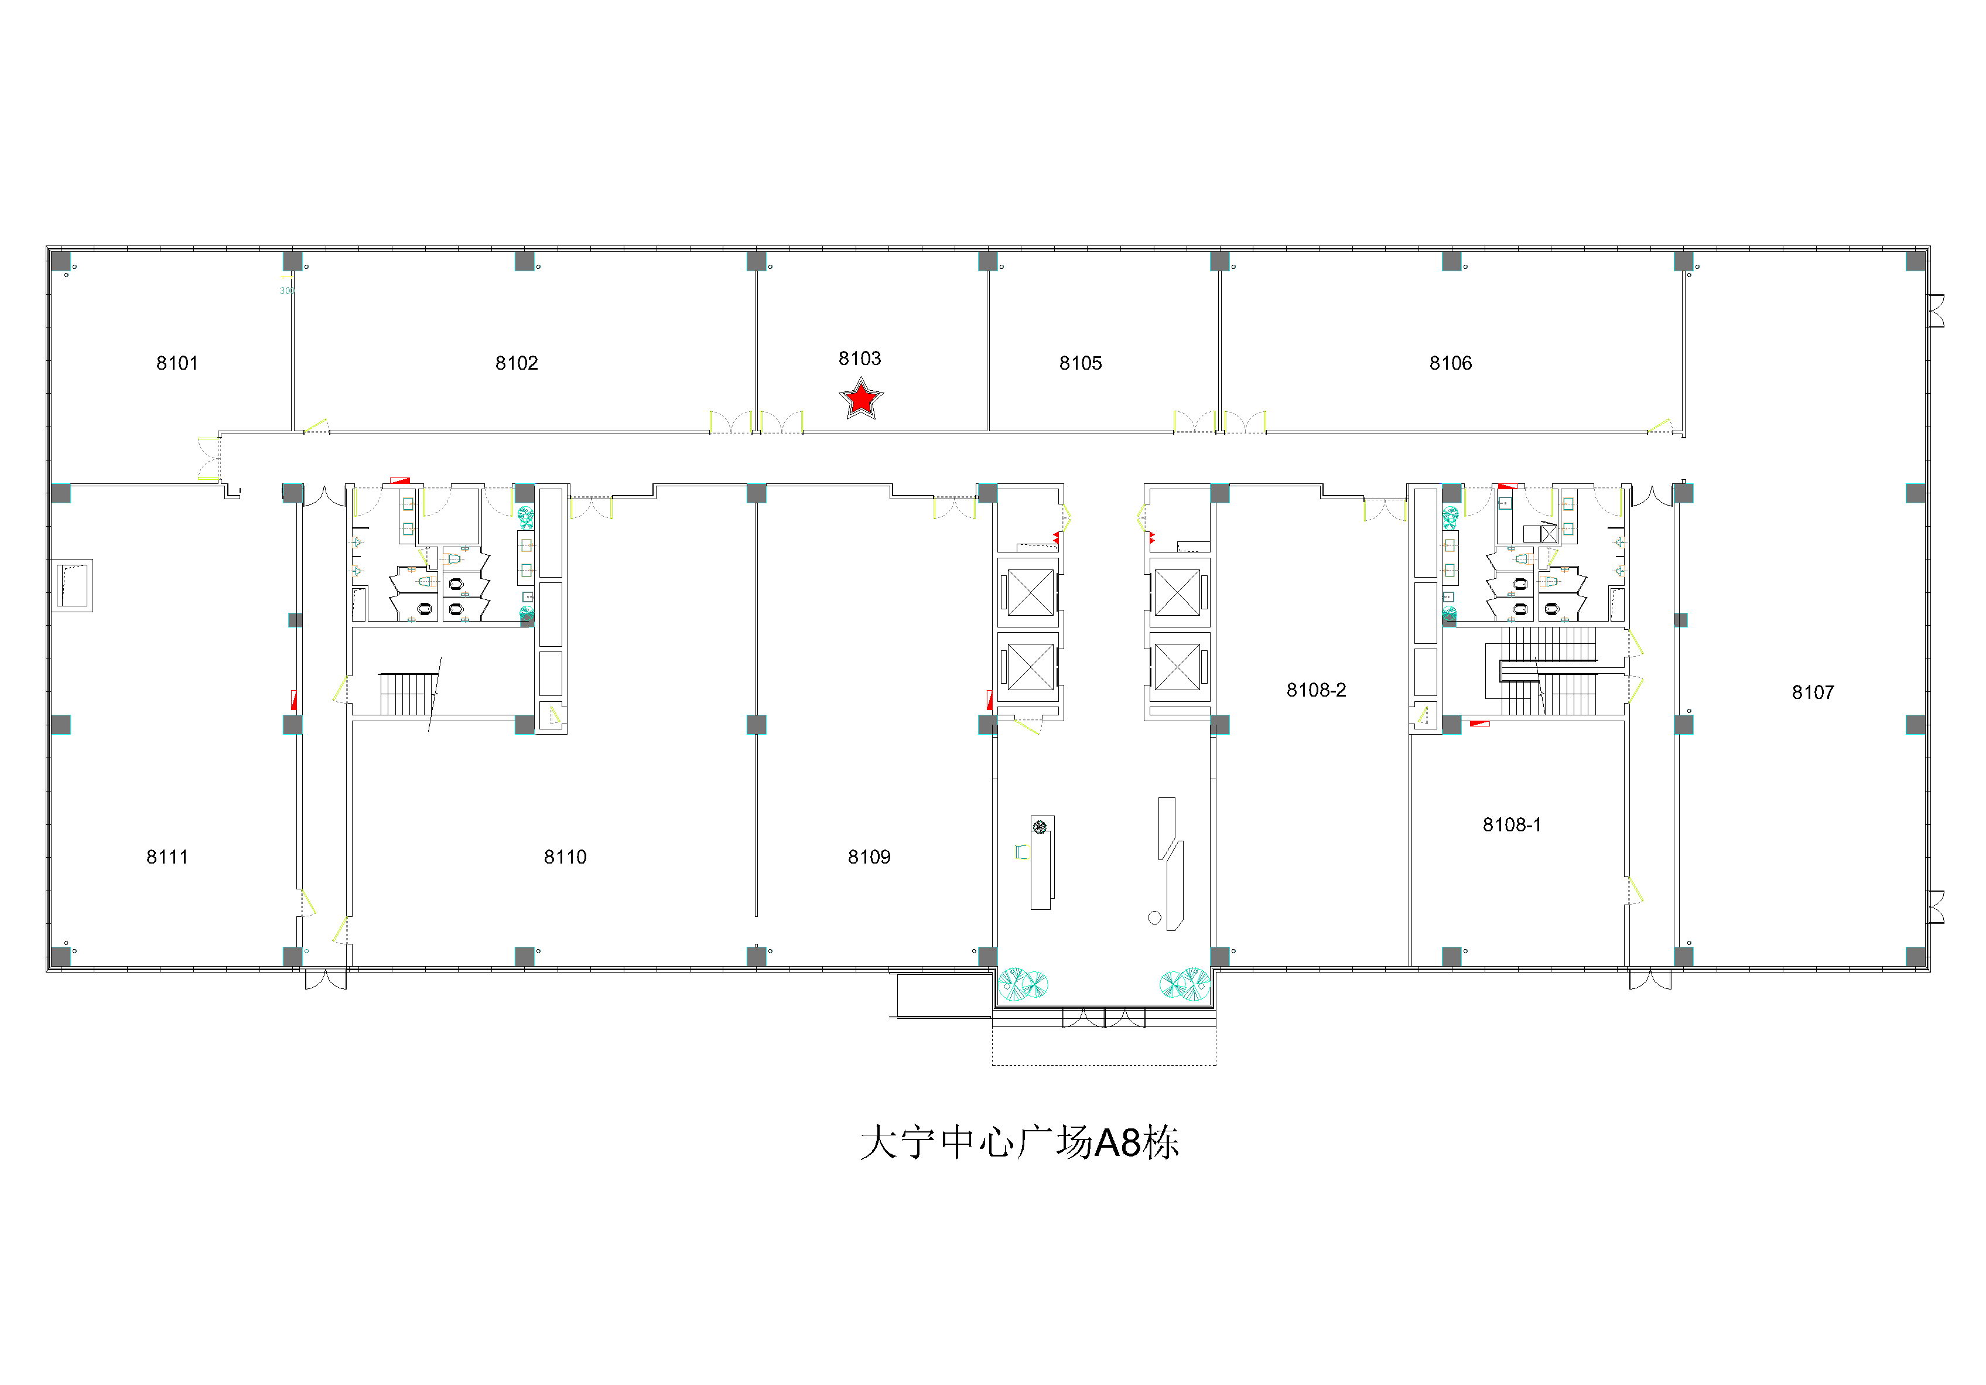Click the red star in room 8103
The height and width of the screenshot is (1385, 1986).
click(x=861, y=399)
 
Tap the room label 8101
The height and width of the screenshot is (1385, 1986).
click(x=177, y=363)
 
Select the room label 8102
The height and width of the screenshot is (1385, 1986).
click(x=517, y=363)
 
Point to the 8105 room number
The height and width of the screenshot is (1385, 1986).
click(x=1081, y=363)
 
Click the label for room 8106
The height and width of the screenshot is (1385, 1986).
click(x=1451, y=363)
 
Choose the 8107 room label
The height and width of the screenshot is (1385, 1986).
click(x=1813, y=692)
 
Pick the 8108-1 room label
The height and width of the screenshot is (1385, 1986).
click(x=1512, y=824)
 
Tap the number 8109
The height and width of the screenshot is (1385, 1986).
click(x=869, y=857)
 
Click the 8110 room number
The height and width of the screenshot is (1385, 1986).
click(x=565, y=857)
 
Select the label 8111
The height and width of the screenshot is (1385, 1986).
click(x=167, y=857)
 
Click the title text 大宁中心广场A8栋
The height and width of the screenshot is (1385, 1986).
click(x=1020, y=1143)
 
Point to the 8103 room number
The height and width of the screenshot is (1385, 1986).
click(x=860, y=358)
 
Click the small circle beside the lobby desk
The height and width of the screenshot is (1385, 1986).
click(x=1154, y=918)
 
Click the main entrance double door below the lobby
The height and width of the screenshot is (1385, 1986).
click(x=1104, y=1017)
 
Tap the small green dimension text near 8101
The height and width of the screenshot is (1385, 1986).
click(x=286, y=291)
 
